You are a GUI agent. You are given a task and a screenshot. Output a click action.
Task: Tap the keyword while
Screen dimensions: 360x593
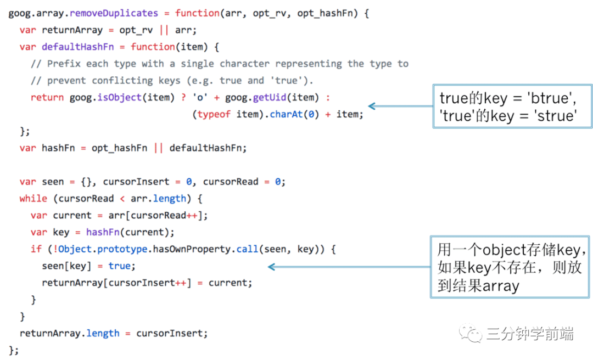[x=33, y=198]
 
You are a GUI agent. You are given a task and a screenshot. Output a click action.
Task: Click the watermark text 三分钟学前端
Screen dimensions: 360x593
[x=530, y=334]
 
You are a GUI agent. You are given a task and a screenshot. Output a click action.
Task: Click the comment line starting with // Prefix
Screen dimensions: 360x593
[x=220, y=64]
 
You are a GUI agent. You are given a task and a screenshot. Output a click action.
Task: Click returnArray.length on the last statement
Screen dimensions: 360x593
[x=69, y=333]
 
